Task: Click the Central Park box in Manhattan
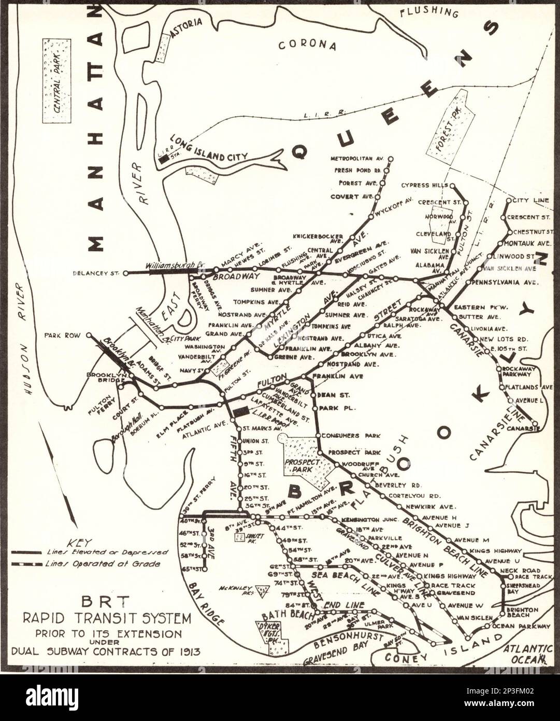[56, 80]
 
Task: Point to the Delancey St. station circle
[125, 273]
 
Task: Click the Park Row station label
[62, 336]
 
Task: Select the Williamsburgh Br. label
[175, 265]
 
